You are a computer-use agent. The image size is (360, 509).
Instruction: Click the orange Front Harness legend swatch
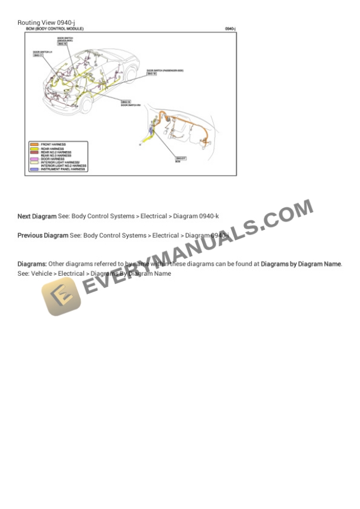34,144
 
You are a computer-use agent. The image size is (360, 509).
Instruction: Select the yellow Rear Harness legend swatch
34,149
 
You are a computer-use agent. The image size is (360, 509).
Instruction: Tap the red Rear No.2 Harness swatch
34,152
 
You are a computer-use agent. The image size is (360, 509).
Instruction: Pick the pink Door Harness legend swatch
34,158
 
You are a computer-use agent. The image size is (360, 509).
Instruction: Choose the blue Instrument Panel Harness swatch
34,169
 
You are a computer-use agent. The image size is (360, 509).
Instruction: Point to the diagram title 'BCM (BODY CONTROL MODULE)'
55,28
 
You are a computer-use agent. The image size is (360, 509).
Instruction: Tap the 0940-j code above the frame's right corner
230,28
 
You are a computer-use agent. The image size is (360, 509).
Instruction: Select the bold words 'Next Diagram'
37,216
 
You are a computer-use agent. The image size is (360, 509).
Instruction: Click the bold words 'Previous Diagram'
43,235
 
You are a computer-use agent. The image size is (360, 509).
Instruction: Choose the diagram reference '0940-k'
209,216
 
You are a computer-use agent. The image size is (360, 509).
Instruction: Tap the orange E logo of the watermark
61,296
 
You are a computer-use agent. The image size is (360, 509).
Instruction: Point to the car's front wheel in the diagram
86,106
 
